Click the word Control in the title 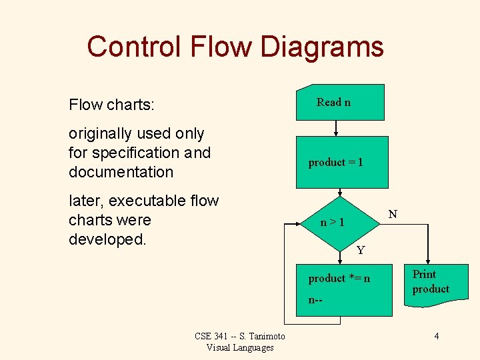click(x=133, y=47)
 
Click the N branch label click(x=393, y=214)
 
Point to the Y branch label click(x=361, y=251)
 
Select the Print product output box click(x=431, y=283)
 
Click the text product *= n click(x=339, y=278)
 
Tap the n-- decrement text click(x=315, y=300)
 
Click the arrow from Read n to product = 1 click(x=336, y=128)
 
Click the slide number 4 click(x=436, y=336)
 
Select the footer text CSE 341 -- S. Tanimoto click(x=240, y=336)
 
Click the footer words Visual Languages click(x=240, y=347)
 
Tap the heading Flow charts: click(x=111, y=105)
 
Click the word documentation click(x=121, y=172)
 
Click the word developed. click(x=107, y=239)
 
